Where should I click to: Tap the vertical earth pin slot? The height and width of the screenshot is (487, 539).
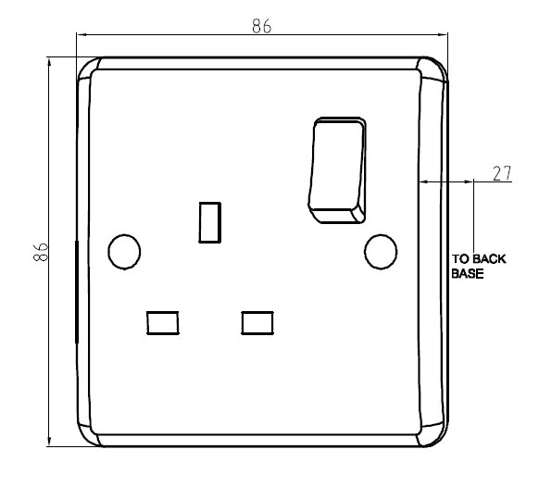[x=210, y=221]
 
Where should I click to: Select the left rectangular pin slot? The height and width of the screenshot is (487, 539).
[x=162, y=321]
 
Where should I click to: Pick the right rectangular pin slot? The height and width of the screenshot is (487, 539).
[x=257, y=321]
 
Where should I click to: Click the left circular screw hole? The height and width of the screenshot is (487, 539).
[x=123, y=251]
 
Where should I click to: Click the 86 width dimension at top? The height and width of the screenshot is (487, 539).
[x=261, y=26]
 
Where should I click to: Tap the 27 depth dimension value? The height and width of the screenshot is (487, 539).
[x=501, y=173]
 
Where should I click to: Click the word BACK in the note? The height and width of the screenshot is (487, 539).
[x=489, y=259]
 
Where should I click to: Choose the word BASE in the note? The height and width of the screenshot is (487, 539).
[x=468, y=274]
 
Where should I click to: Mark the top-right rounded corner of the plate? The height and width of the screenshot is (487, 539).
[x=435, y=70]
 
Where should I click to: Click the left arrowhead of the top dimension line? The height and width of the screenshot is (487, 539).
[x=81, y=36]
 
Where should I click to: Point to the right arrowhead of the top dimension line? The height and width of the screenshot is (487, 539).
[x=444, y=36]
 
